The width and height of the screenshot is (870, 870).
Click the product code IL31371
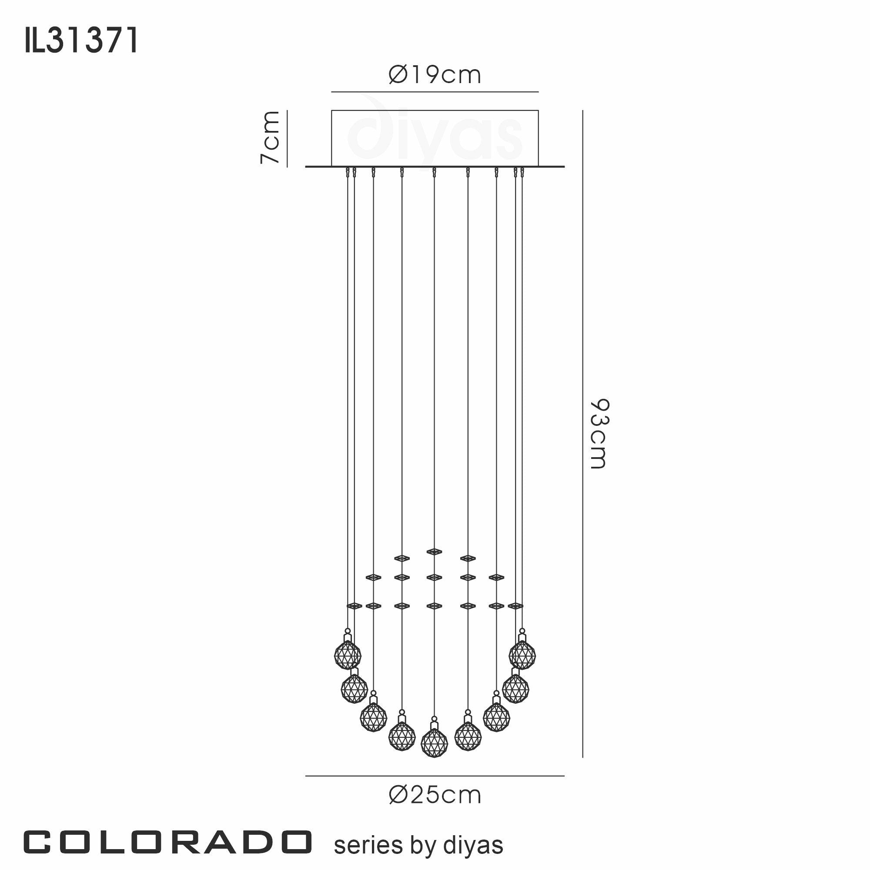[x=81, y=40]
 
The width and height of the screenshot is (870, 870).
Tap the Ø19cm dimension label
[x=435, y=75]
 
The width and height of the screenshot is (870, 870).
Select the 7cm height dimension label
[x=270, y=137]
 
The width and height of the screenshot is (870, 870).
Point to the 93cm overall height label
[x=599, y=434]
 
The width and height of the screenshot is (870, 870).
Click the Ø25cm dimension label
[x=435, y=795]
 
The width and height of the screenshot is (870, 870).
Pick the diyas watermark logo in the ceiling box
[x=435, y=133]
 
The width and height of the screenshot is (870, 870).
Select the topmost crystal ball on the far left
[x=348, y=654]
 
